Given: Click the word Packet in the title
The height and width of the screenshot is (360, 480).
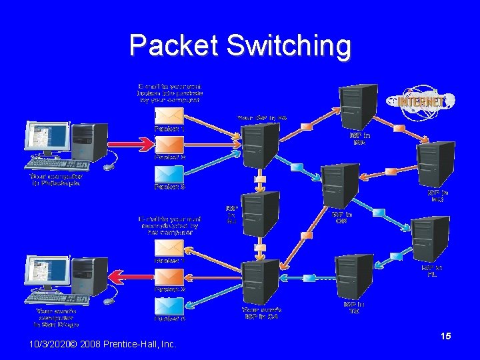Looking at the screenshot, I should (x=174, y=46).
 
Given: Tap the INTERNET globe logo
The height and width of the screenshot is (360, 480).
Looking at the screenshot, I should (x=424, y=102).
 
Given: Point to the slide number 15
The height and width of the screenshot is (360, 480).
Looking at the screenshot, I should (x=445, y=337).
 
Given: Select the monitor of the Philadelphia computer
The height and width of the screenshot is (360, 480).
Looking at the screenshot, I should (x=48, y=139).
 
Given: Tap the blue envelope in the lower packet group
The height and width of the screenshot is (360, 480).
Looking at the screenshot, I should (x=168, y=306).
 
